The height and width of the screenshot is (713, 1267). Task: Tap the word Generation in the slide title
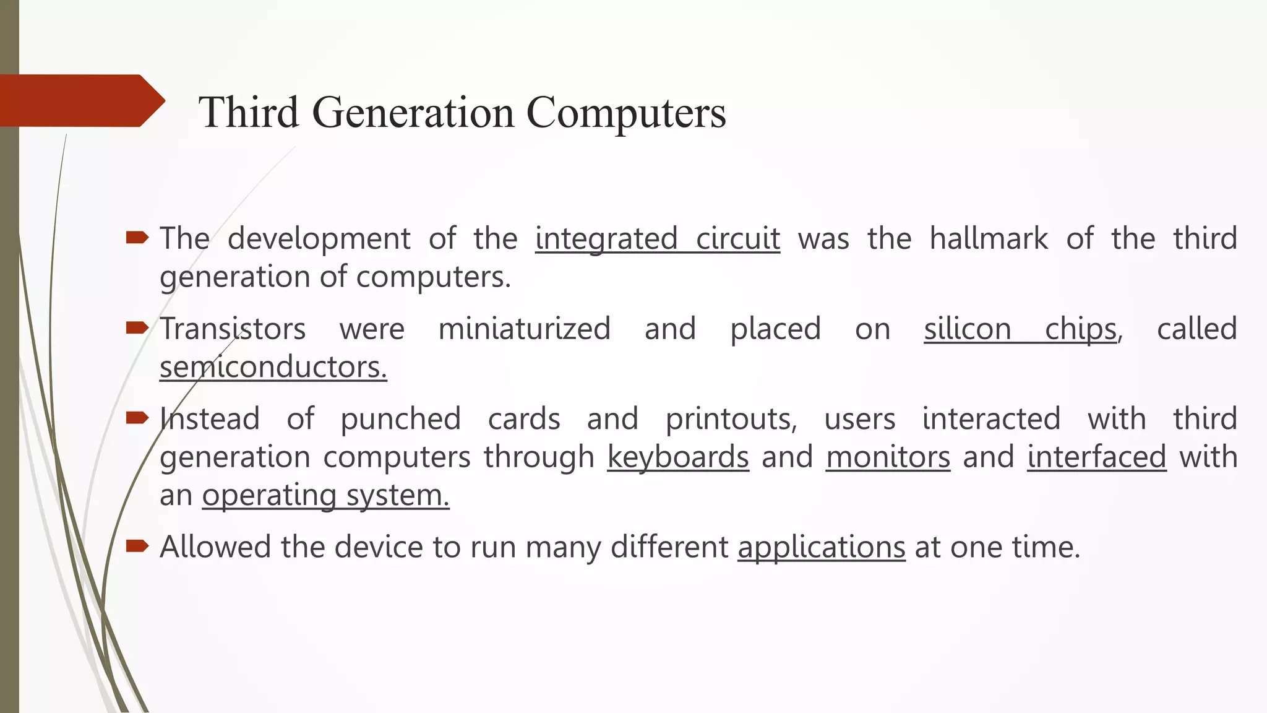tap(413, 113)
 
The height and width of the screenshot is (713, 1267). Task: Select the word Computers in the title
tap(626, 113)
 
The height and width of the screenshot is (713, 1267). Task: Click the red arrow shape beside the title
tap(80, 101)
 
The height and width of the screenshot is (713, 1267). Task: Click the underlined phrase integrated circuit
tap(657, 239)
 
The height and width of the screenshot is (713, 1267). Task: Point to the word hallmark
tap(989, 239)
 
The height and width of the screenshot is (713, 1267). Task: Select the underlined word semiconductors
tap(273, 368)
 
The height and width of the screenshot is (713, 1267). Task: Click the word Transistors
tap(233, 329)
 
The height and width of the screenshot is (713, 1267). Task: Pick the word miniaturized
tap(525, 329)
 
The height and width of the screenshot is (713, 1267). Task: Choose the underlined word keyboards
tap(678, 458)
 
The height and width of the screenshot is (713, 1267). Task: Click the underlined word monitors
tap(888, 458)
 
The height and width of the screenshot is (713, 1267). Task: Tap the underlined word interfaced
tap(1096, 458)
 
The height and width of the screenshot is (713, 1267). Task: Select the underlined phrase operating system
tap(325, 496)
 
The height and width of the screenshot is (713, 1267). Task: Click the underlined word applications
tap(821, 548)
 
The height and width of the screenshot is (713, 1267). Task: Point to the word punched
tap(401, 420)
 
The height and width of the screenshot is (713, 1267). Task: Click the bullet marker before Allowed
tap(137, 545)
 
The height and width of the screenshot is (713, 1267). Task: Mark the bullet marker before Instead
tap(137, 418)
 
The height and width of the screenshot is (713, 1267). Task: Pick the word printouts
tap(731, 420)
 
